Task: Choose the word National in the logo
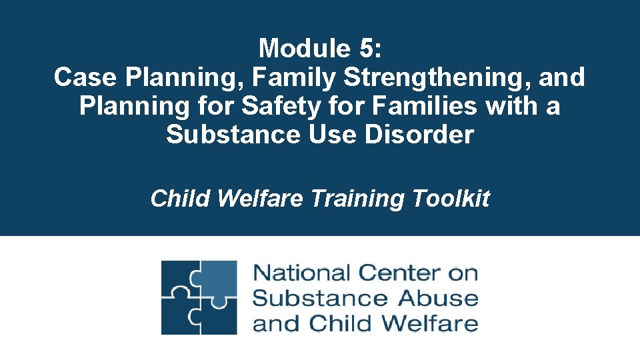pos(301,273)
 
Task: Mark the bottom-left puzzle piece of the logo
pos(179,317)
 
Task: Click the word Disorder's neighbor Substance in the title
pos(233,135)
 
